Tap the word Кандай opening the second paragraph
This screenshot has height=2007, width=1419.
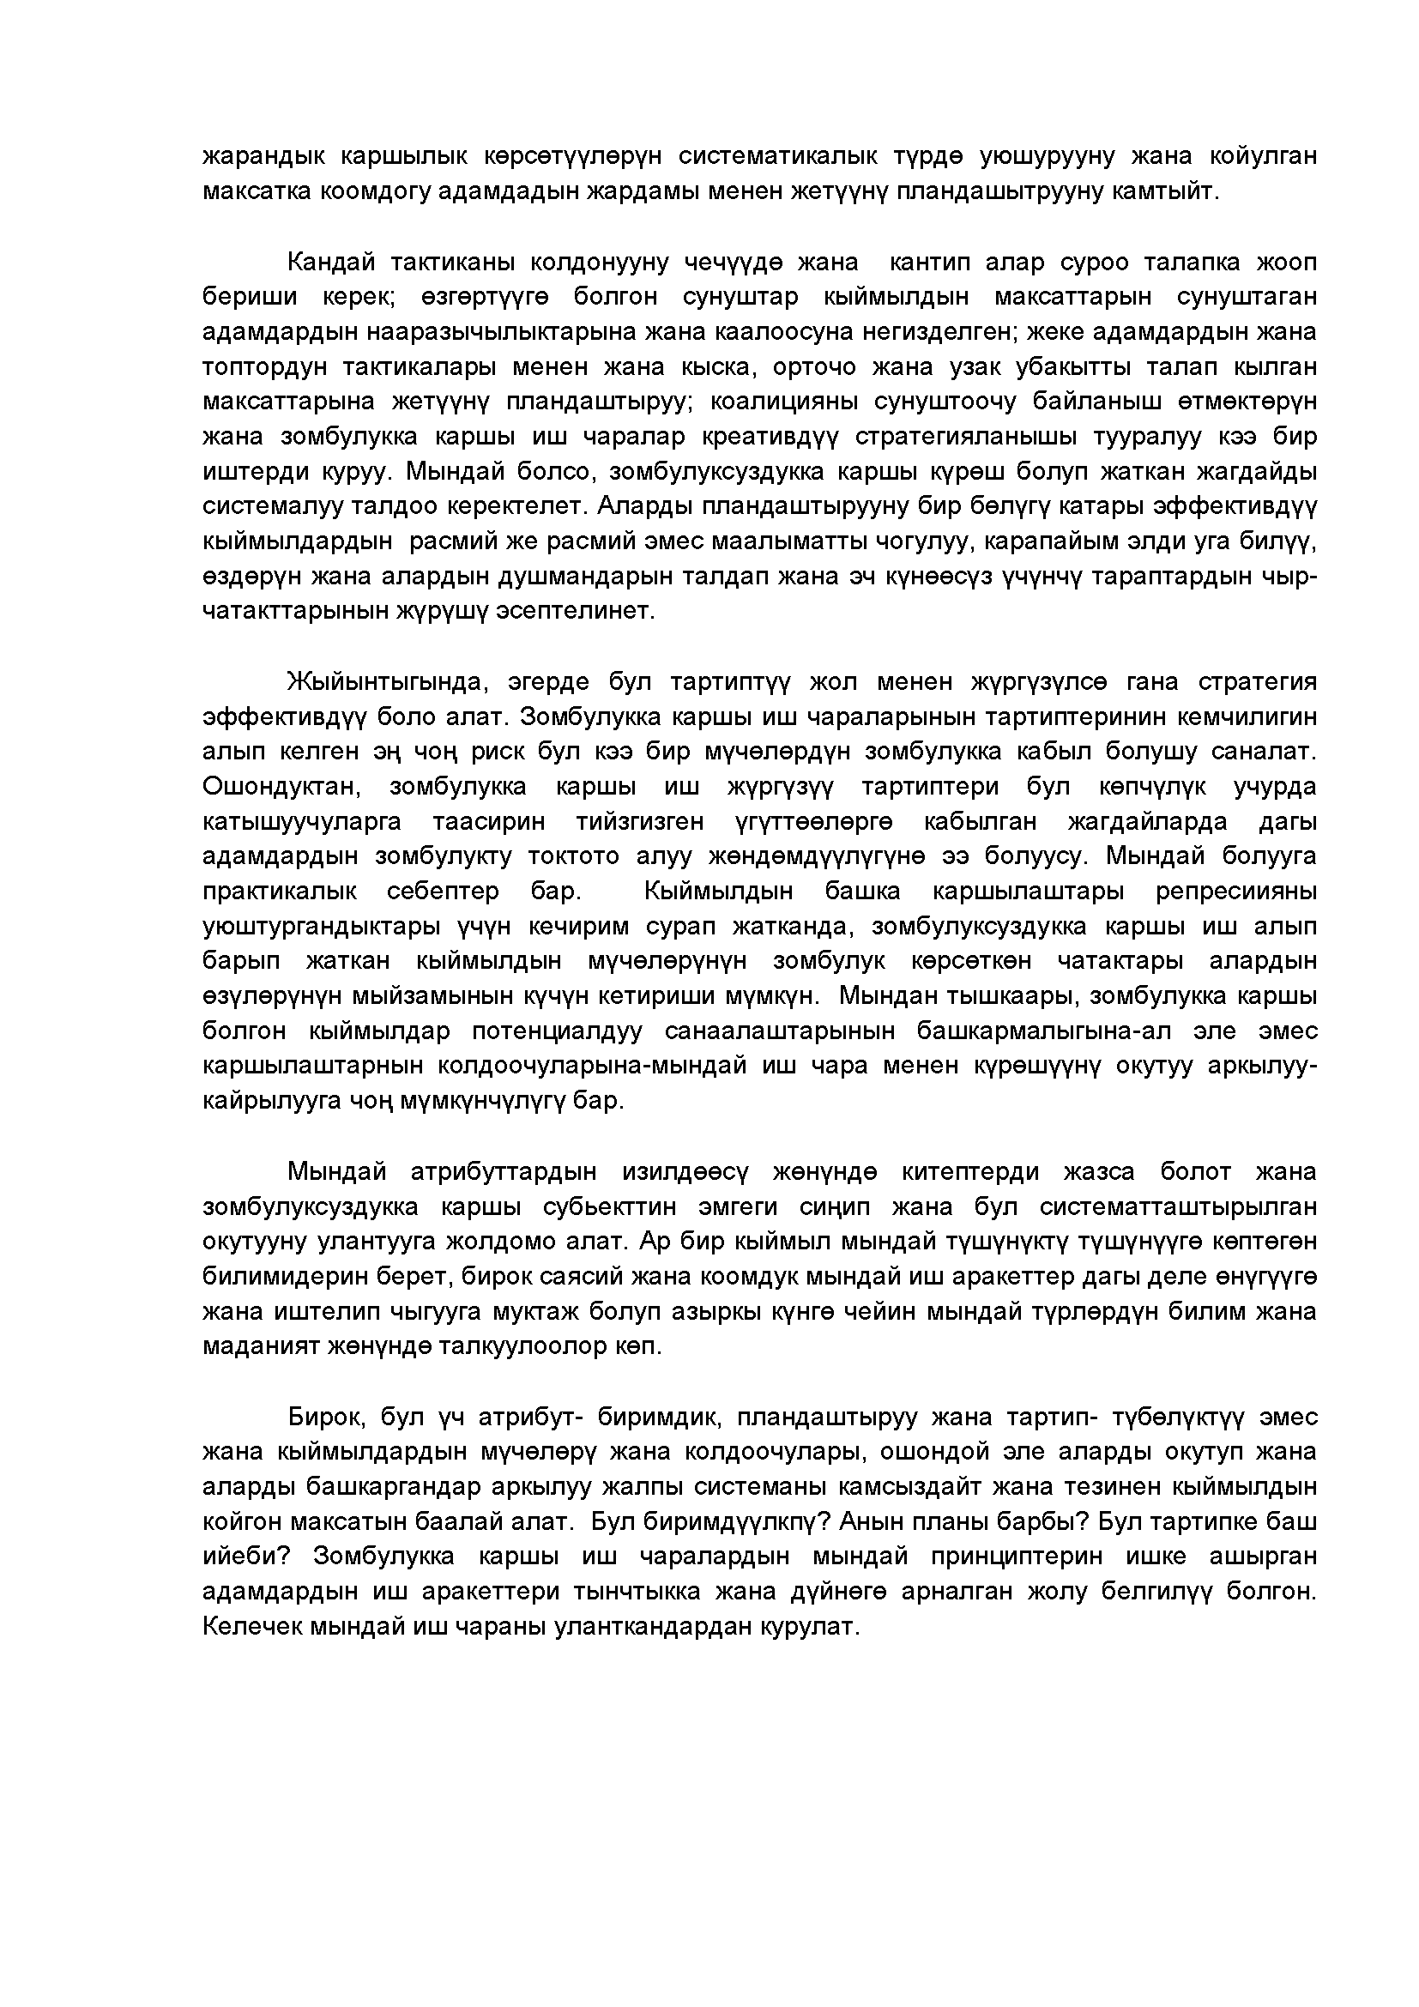click(x=331, y=263)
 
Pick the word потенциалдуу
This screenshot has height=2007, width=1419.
click(x=557, y=1031)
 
